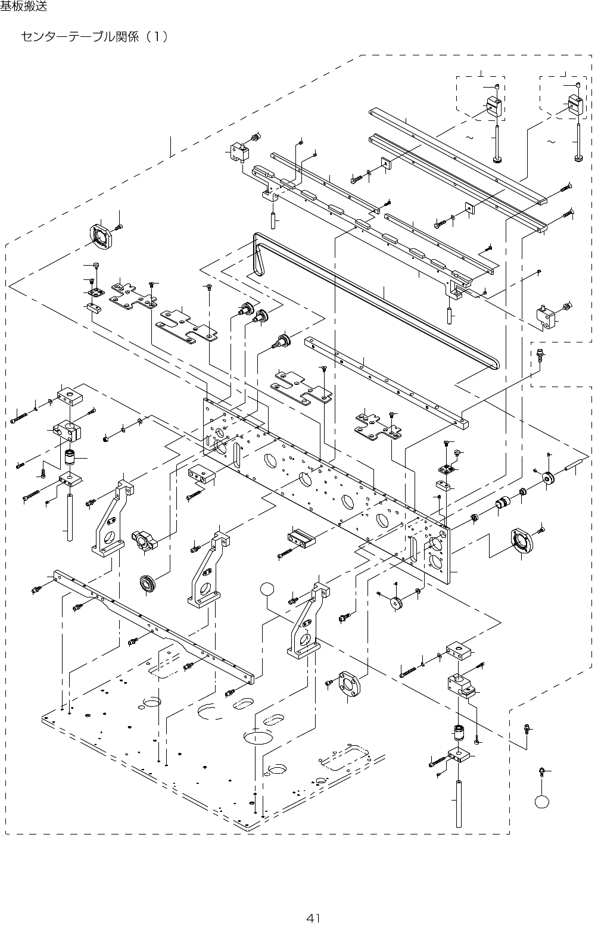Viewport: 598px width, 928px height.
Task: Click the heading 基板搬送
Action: (x=23, y=7)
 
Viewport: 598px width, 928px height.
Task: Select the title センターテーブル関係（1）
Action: (x=94, y=37)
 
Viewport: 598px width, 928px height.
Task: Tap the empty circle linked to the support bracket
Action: (x=268, y=590)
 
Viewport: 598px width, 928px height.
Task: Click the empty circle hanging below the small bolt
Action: (x=541, y=801)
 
